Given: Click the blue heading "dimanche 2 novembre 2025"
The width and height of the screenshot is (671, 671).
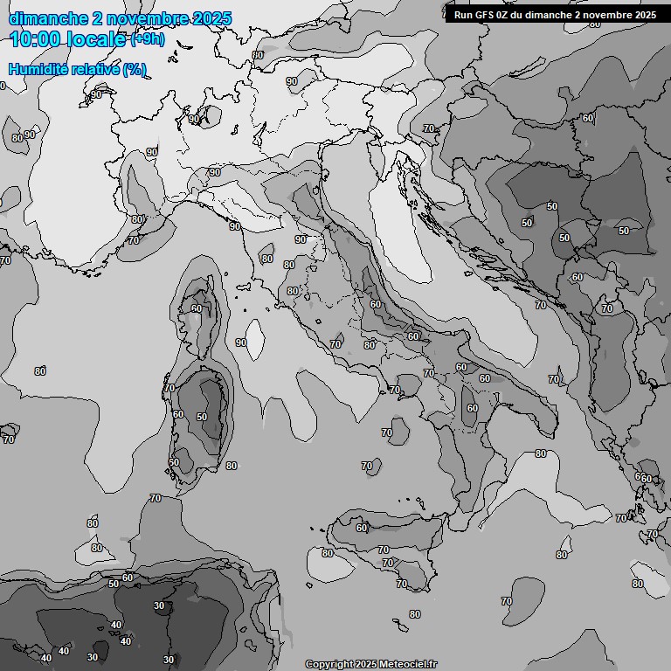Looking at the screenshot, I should (121, 18).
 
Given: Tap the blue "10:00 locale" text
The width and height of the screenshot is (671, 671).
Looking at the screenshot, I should (68, 39).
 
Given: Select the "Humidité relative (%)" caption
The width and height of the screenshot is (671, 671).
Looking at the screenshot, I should (77, 69).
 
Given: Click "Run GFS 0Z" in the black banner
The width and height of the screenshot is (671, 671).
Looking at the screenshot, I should (486, 15).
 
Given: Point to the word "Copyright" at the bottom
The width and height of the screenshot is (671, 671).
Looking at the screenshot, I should (330, 664).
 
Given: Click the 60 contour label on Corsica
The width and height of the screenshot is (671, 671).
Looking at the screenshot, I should (197, 308).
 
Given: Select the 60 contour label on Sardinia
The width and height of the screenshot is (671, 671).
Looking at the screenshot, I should (178, 414).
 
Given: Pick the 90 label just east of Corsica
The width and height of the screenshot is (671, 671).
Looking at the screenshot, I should (241, 342).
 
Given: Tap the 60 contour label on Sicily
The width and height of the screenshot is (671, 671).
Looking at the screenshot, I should (362, 528).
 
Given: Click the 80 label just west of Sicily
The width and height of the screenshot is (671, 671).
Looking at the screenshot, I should (328, 553).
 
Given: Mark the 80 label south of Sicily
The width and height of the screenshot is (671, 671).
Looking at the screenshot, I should (414, 614).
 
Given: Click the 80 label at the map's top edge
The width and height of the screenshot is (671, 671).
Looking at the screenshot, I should (258, 55).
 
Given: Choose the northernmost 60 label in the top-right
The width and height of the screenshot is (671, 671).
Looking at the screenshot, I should (588, 118).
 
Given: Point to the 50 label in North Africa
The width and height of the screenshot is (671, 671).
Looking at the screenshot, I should (114, 584).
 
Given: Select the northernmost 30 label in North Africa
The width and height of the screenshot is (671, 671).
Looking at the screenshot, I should (159, 605).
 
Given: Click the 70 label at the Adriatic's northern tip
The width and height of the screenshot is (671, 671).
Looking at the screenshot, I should (428, 128).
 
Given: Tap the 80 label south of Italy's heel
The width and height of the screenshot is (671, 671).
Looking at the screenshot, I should (541, 453).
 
